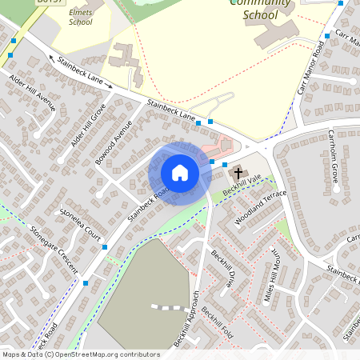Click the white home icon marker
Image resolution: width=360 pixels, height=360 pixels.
(x=180, y=173)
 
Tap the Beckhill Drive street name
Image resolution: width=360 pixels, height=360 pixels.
(x=222, y=268)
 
